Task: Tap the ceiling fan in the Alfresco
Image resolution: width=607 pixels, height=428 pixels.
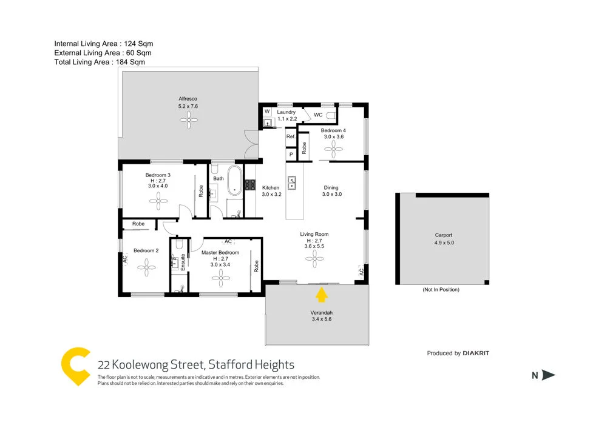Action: pos(189,121)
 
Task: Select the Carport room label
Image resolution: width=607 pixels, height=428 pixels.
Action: pos(444,235)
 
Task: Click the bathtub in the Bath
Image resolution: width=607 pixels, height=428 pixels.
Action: pos(234,182)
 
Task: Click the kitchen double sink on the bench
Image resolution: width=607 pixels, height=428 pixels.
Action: pos(292,182)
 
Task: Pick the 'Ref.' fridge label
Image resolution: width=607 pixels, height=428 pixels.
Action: pos(291,137)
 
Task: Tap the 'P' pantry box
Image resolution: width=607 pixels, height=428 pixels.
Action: pos(291,154)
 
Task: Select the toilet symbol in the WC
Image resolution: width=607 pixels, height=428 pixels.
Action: pos(331,114)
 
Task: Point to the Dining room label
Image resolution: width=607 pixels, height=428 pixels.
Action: pos(331,188)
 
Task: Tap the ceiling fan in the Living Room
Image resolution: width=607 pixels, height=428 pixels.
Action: pos(315,260)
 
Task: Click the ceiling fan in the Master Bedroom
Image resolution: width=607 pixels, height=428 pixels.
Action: pos(220,278)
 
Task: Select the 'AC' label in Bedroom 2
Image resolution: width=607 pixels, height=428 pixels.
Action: pos(124,259)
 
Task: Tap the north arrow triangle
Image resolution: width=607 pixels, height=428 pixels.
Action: pos(548,375)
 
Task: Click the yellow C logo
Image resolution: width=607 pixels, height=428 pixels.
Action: pos(76,366)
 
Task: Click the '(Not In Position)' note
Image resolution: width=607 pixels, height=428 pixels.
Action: pos(441,290)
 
